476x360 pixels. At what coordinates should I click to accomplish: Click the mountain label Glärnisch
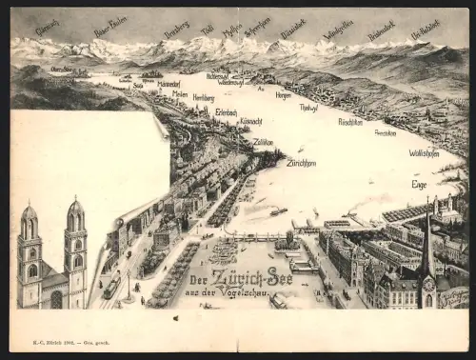click(47, 29)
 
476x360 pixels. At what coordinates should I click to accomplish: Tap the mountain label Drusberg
click(176, 30)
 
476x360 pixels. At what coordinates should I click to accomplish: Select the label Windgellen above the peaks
click(337, 30)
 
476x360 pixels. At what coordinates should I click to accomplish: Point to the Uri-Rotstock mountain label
click(425, 30)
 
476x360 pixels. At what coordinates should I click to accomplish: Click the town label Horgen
click(283, 94)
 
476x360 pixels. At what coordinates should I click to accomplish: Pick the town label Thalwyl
click(308, 108)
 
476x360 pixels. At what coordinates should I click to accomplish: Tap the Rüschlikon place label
click(349, 121)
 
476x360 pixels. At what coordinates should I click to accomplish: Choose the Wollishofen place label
click(424, 152)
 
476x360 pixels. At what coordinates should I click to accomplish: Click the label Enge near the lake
click(419, 184)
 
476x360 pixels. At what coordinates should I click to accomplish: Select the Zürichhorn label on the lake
click(301, 163)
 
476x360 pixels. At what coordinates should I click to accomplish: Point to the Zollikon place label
click(263, 141)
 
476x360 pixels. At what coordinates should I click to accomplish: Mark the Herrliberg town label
click(204, 97)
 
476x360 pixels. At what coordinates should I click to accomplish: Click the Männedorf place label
click(169, 84)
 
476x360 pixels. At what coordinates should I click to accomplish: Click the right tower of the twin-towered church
click(75, 243)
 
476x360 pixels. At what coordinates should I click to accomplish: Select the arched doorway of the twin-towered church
click(56, 299)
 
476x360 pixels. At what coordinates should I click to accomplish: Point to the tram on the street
click(111, 286)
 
